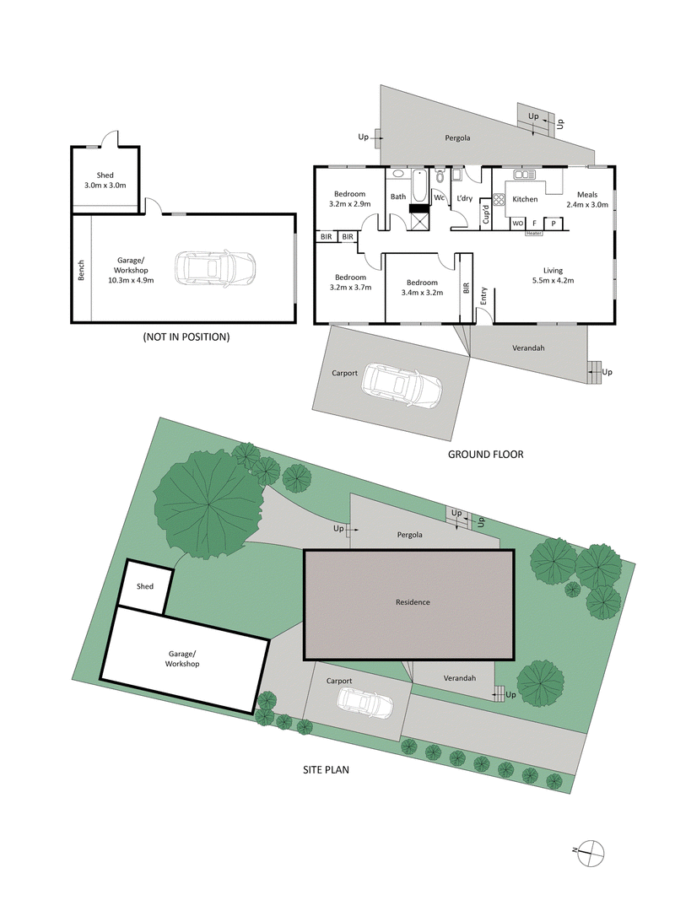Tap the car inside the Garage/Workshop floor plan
(215, 268)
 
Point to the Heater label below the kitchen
(532, 233)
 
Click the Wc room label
(440, 197)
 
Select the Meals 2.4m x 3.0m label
(587, 200)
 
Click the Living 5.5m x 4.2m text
(553, 275)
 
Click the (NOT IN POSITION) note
(186, 337)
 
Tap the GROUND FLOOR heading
(485, 454)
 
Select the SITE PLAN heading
(326, 769)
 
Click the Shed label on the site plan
(146, 585)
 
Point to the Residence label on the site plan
(413, 602)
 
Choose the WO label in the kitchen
(517, 224)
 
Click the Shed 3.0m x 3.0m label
(105, 181)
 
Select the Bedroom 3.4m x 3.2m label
(422, 288)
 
